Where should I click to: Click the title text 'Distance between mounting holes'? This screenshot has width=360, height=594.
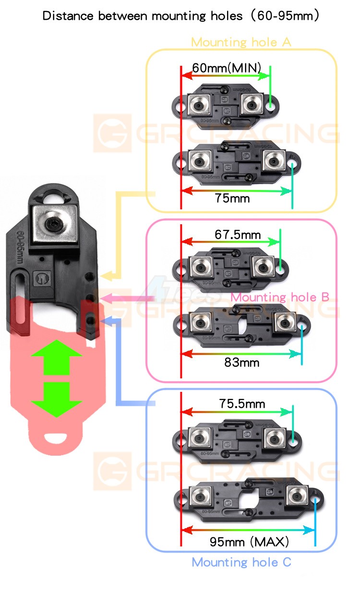point(142,16)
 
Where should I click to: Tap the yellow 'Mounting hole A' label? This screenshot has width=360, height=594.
point(241,42)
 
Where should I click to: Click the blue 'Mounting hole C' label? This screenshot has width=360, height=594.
point(241,562)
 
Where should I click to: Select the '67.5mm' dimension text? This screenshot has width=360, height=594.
point(238,235)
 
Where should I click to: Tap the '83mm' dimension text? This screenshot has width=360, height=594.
point(241,362)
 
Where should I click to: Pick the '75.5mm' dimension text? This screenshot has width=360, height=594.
point(242,404)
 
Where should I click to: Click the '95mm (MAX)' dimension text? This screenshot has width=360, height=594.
point(249,542)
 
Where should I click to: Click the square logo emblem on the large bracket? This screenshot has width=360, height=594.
point(40,278)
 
